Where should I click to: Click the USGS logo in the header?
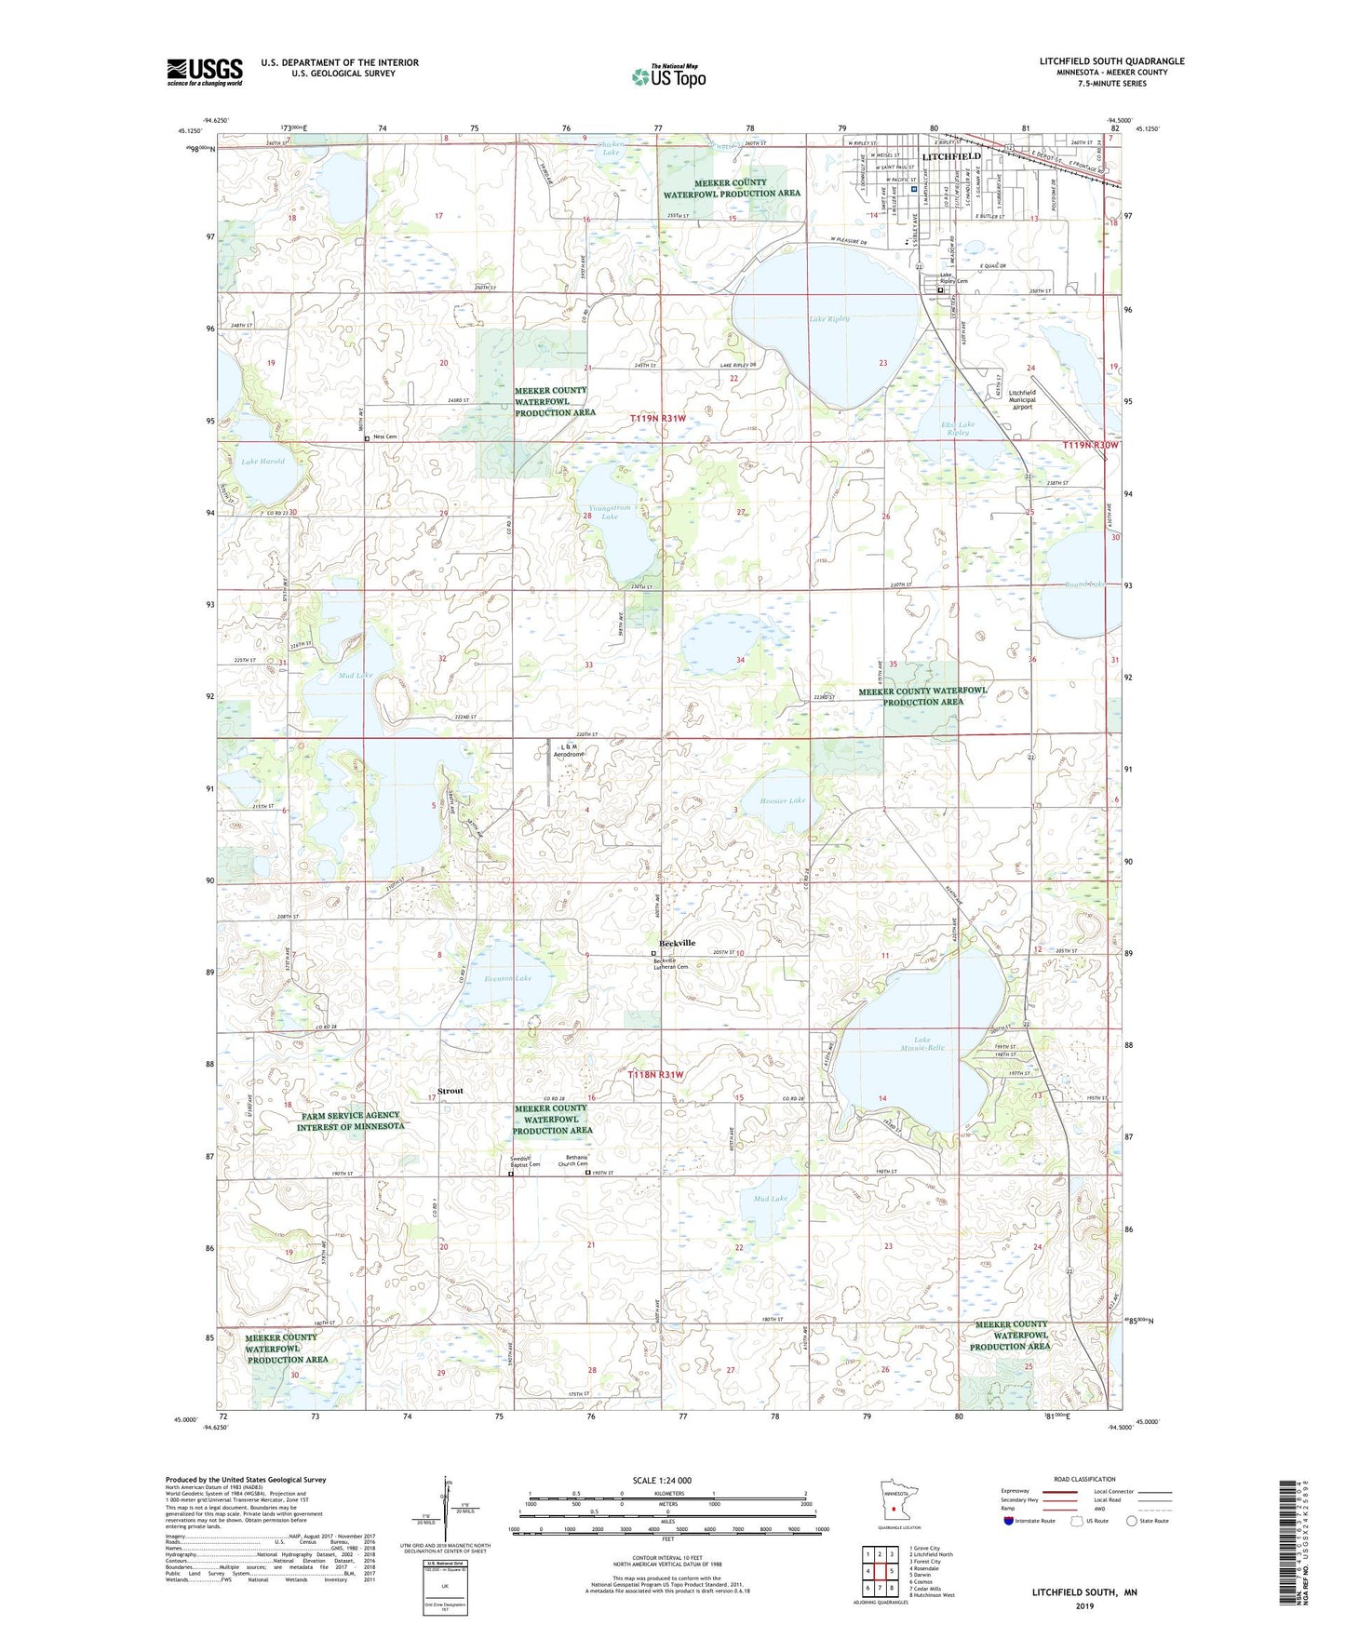coord(205,72)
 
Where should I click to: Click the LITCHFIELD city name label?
coord(950,156)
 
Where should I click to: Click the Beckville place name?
coord(677,943)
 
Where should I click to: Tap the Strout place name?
coord(450,1091)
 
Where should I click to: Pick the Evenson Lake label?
coord(508,978)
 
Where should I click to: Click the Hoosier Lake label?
coord(783,800)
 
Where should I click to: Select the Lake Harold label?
coord(262,461)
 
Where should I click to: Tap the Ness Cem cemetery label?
coord(384,436)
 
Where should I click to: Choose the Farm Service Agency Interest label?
coord(350,1121)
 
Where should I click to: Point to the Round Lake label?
coord(1084,584)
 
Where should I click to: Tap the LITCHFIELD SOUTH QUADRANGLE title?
coord(1112,61)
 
